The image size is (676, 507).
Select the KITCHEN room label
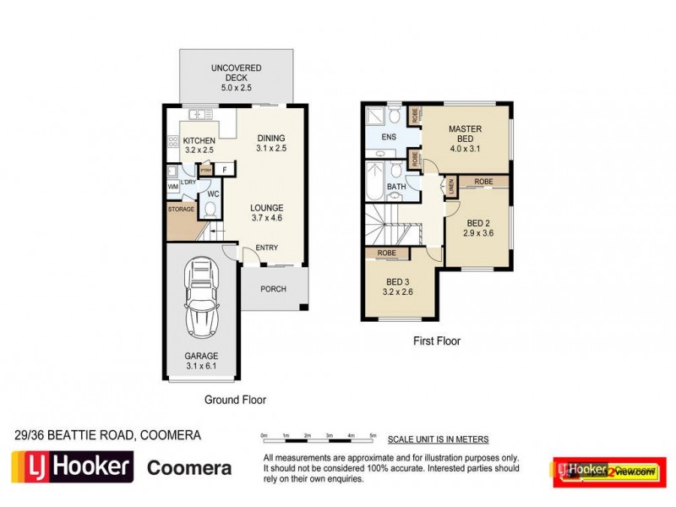click(x=199, y=145)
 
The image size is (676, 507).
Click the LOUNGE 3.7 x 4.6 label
click(x=265, y=212)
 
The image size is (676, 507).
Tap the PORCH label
click(x=273, y=290)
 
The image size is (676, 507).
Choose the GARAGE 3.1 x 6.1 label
click(x=201, y=361)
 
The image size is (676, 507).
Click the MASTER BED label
click(x=465, y=134)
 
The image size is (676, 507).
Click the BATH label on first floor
click(x=395, y=186)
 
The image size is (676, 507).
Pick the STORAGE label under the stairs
click(x=182, y=209)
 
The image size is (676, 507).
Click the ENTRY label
click(x=266, y=248)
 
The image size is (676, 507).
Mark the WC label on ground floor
click(x=213, y=193)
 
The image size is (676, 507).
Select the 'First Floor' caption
click(x=436, y=341)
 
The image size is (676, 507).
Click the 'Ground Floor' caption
click(x=236, y=400)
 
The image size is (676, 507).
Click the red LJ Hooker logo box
click(x=71, y=466)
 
